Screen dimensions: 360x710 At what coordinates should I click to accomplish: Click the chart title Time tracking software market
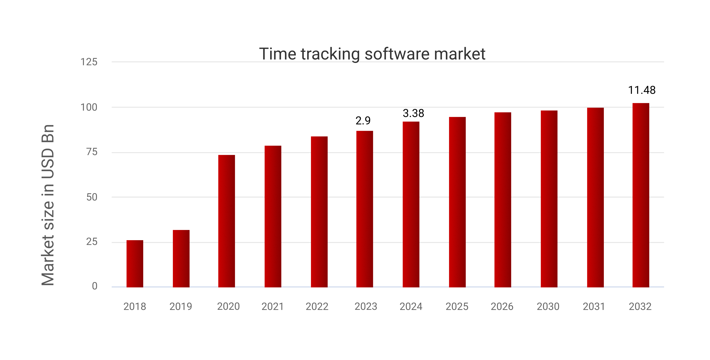click(x=372, y=54)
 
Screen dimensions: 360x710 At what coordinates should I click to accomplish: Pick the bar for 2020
click(x=227, y=221)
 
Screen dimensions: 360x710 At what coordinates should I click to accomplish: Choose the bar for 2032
click(x=641, y=195)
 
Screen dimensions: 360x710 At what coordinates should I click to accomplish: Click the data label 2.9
click(x=363, y=121)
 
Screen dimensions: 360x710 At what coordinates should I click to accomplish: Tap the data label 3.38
click(x=413, y=113)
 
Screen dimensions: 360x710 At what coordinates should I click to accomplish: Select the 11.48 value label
click(x=642, y=90)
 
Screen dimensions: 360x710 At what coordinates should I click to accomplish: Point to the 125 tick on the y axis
click(x=89, y=62)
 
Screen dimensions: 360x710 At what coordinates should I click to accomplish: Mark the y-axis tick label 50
click(x=92, y=197)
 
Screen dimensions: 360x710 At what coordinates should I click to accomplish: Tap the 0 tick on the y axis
click(x=95, y=286)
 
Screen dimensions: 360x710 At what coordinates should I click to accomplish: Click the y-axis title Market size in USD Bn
click(x=48, y=205)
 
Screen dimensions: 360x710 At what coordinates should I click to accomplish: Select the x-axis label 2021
click(x=273, y=306)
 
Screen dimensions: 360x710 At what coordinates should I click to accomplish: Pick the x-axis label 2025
click(x=457, y=306)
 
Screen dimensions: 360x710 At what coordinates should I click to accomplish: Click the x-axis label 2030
click(x=548, y=306)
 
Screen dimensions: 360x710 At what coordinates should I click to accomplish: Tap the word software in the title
click(x=397, y=54)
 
